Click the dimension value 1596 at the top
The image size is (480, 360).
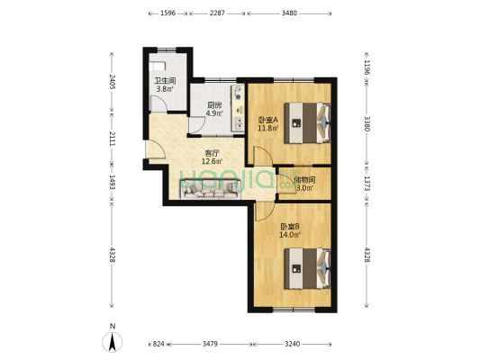click(x=168, y=13)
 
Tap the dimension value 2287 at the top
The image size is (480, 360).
click(x=217, y=13)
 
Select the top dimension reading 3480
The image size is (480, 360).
click(x=289, y=13)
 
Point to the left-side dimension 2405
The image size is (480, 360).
click(x=112, y=82)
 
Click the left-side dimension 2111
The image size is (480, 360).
click(x=112, y=139)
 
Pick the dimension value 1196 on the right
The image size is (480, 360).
click(x=367, y=67)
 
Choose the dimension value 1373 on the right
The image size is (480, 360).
click(x=367, y=184)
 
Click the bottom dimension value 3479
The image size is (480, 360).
click(x=210, y=344)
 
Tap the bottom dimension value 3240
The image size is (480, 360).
click(x=293, y=344)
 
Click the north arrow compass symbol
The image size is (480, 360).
click(x=113, y=342)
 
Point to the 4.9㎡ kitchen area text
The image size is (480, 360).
click(x=214, y=113)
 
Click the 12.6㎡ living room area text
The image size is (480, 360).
click(x=212, y=161)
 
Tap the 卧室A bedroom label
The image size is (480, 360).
click(x=268, y=121)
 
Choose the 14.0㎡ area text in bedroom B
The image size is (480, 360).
click(x=290, y=235)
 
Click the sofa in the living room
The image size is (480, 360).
click(x=211, y=190)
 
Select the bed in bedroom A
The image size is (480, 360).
click(x=308, y=123)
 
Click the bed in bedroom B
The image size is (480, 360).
click(x=308, y=269)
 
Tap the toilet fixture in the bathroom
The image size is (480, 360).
click(x=158, y=66)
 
